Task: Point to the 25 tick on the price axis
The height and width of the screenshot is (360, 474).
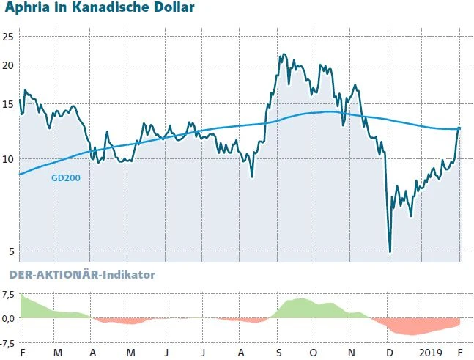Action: (x=8, y=37)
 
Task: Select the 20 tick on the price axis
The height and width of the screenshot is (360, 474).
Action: (x=8, y=65)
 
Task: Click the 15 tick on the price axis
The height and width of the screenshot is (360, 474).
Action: (x=8, y=104)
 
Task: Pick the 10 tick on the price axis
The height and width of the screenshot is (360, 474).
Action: (x=8, y=159)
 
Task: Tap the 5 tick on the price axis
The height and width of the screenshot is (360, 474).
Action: (x=10, y=252)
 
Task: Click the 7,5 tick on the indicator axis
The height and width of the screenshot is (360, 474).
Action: (x=9, y=295)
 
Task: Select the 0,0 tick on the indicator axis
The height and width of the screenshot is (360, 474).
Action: (x=9, y=319)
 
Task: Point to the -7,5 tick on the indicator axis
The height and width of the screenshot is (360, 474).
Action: (x=9, y=343)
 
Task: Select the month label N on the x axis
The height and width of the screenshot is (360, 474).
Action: (x=352, y=353)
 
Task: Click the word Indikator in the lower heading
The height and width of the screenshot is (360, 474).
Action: (x=129, y=274)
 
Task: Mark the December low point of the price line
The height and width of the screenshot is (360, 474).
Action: (x=390, y=251)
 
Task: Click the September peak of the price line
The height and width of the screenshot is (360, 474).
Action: (x=284, y=54)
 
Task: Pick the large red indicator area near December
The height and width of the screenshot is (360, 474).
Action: (x=410, y=327)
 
